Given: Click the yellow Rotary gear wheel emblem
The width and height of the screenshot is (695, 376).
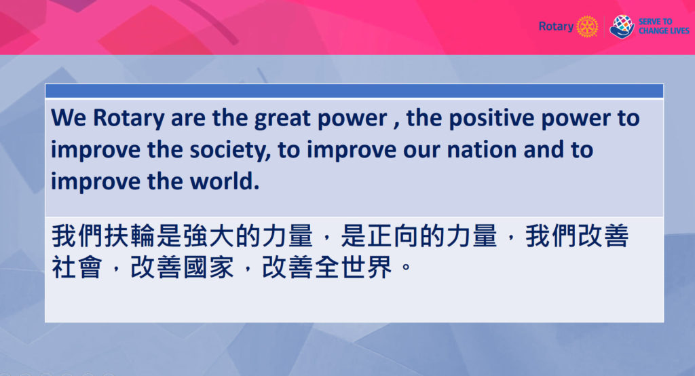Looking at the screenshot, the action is click(587, 26).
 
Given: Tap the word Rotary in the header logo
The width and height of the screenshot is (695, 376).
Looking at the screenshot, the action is click(557, 26).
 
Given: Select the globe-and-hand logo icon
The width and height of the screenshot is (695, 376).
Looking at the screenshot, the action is click(622, 26).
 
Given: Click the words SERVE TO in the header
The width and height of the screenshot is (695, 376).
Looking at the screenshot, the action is click(655, 21).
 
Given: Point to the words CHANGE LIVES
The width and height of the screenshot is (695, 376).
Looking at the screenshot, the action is click(664, 31).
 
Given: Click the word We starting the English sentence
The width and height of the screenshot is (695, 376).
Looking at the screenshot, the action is click(69, 118).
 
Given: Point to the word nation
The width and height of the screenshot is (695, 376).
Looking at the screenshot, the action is click(482, 150).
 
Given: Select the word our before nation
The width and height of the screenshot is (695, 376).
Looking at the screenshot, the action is click(421, 151).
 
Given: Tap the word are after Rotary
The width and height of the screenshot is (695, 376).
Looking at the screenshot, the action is click(188, 119).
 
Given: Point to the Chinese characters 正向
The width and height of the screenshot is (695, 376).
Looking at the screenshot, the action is click(392, 236).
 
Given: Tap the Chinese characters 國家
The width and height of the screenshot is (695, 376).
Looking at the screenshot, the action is click(208, 267).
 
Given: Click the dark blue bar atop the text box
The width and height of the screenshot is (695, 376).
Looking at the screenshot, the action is click(354, 91).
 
